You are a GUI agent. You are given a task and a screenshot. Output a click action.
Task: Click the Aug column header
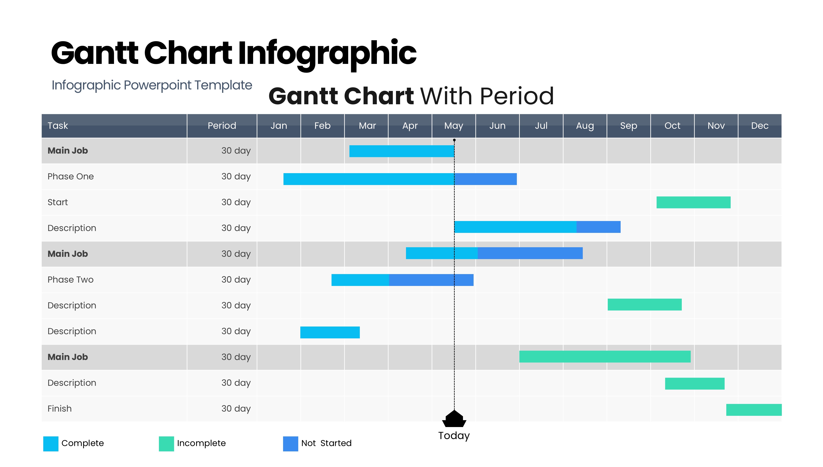585,126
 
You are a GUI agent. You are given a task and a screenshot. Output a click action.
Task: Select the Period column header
222,126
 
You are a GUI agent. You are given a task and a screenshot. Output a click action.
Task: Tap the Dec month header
760,126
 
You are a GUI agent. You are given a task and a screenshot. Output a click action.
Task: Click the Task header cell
58,126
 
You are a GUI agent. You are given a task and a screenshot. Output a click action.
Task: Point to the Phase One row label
71,176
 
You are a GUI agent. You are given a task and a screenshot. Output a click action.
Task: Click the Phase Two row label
71,280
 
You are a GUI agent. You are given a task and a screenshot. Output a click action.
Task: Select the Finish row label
60,409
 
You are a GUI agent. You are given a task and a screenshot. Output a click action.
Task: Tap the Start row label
58,202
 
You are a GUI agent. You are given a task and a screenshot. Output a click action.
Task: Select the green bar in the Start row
693,202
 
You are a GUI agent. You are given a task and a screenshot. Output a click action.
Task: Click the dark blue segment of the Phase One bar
485,179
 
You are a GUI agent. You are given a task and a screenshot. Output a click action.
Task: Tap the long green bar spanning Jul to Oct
605,357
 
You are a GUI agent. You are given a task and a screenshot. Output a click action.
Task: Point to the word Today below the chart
454,436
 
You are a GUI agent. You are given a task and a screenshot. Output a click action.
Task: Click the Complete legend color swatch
51,443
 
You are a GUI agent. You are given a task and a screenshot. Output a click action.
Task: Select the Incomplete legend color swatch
166,443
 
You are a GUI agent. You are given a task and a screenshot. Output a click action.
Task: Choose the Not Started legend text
326,443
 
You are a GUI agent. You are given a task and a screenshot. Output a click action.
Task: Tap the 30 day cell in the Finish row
236,409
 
